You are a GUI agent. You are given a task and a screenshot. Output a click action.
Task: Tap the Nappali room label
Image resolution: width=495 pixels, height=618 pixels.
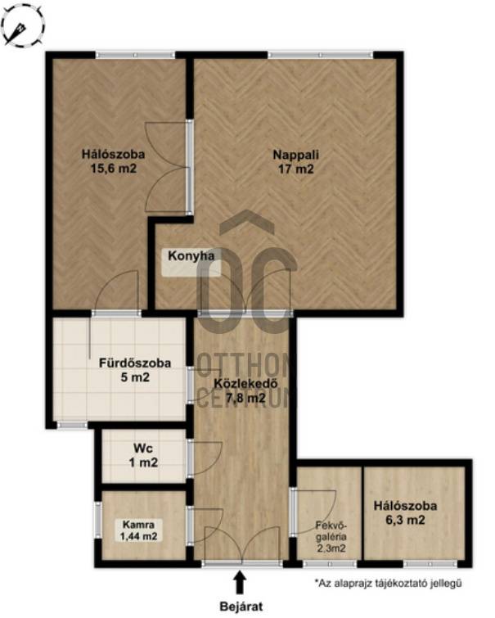[x=295, y=155]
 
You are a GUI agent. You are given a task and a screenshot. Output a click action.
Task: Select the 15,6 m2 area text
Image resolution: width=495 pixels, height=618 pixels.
[x=114, y=169]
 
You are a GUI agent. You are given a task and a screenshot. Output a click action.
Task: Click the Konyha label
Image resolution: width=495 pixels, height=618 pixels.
[x=191, y=255]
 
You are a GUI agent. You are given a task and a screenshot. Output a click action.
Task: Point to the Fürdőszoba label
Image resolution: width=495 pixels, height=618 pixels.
[x=135, y=363]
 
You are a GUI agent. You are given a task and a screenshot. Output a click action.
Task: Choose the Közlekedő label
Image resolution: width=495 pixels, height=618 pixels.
[x=246, y=383]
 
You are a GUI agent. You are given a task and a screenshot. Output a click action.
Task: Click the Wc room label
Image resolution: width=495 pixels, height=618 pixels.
[x=143, y=448]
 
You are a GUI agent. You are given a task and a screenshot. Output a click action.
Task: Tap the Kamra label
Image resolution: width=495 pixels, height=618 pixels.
[x=138, y=525]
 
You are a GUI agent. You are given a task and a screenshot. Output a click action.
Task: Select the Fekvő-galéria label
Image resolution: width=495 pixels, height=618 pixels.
[x=332, y=530]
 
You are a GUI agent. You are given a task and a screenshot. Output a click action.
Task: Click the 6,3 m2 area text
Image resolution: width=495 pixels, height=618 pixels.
[x=405, y=521]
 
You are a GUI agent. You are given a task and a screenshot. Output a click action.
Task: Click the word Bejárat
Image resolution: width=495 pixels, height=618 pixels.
[x=241, y=607]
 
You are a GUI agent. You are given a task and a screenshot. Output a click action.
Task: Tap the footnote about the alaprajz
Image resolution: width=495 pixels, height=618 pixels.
[x=388, y=583]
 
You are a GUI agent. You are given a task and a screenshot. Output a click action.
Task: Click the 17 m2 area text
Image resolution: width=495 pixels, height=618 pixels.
[x=295, y=169]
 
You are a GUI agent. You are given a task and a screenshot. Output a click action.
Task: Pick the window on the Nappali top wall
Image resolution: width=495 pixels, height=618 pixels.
[x=320, y=55]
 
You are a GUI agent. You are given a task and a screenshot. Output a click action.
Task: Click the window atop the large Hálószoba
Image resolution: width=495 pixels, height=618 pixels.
[x=135, y=55]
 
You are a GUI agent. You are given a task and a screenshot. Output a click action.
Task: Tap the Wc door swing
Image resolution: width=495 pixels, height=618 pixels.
[x=205, y=458]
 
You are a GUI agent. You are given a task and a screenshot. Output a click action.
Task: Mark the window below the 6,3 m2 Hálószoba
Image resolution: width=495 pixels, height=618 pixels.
[x=430, y=564]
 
